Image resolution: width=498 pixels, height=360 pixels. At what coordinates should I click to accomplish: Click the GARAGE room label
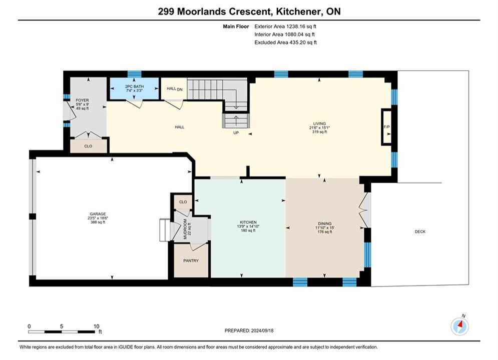pyautogui.click(x=98, y=214)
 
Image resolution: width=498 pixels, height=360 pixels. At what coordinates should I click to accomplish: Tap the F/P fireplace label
pyautogui.click(x=386, y=127)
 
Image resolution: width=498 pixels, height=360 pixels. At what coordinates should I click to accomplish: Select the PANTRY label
pyautogui.click(x=191, y=260)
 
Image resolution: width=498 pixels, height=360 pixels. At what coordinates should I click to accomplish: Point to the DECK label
pyautogui.click(x=420, y=231)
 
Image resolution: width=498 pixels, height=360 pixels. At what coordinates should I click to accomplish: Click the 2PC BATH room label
pyautogui.click(x=134, y=86)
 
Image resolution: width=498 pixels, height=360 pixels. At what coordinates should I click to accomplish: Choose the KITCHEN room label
pyautogui.click(x=248, y=222)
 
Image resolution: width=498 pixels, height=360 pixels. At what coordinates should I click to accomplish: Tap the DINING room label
pyautogui.click(x=325, y=223)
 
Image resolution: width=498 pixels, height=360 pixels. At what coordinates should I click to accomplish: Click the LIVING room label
pyautogui.click(x=319, y=123)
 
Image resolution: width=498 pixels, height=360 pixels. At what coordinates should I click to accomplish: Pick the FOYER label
pyautogui.click(x=82, y=100)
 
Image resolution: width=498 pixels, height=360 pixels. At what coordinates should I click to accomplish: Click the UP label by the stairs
pyautogui.click(x=236, y=133)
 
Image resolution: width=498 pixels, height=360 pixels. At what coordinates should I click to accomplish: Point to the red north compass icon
pyautogui.click(x=459, y=325)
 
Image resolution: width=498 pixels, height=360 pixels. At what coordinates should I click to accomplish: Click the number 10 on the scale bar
pyautogui.click(x=97, y=326)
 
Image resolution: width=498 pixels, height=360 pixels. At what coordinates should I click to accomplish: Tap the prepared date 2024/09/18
pyautogui.click(x=262, y=330)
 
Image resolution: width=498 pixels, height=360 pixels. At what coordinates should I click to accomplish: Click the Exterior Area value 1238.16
pyautogui.click(x=296, y=26)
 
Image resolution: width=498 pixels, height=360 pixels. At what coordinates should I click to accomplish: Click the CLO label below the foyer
pyautogui.click(x=88, y=146)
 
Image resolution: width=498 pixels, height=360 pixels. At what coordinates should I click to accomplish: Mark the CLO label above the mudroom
pyautogui.click(x=183, y=202)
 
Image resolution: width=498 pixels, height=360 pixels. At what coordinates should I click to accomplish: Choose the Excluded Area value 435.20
pyautogui.click(x=298, y=42)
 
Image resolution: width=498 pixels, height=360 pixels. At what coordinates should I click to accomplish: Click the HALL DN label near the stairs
pyautogui.click(x=175, y=89)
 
